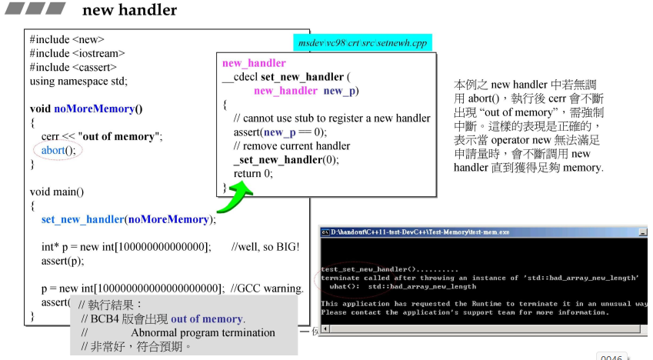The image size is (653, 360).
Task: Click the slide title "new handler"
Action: [129, 10]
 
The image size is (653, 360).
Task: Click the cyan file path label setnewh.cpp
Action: [363, 43]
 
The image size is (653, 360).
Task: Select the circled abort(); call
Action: [58, 150]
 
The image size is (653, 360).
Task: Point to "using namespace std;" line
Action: [78, 81]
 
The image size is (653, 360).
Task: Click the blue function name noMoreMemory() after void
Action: [98, 108]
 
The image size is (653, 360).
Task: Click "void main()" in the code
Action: [57, 192]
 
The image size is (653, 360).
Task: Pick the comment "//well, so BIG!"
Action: [265, 247]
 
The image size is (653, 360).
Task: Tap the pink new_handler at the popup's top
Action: [254, 63]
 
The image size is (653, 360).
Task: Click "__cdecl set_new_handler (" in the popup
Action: [285, 77]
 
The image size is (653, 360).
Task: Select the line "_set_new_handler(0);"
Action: [285, 160]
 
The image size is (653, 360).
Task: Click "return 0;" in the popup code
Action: [253, 174]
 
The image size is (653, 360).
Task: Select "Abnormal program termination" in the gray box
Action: [203, 333]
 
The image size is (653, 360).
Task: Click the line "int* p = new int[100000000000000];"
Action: [126, 247]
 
